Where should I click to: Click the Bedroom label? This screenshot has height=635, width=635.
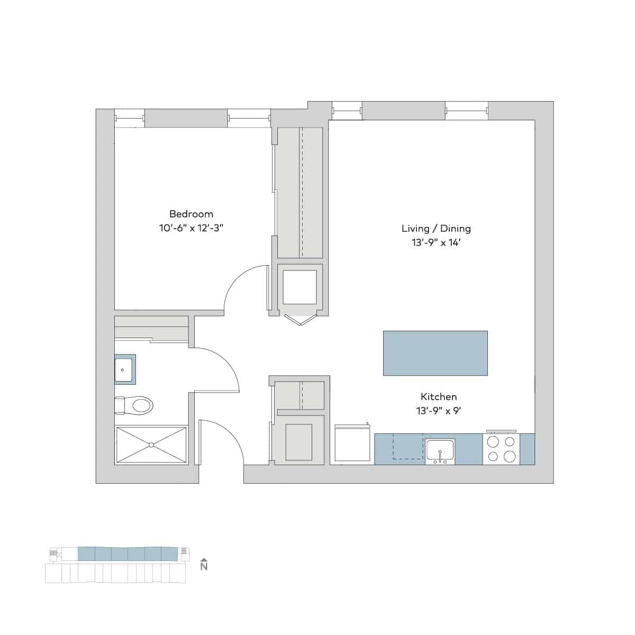(191, 214)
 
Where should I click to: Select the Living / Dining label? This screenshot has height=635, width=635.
(436, 229)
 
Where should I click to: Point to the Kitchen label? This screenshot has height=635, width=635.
(439, 396)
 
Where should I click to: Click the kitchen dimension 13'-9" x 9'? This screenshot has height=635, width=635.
(439, 411)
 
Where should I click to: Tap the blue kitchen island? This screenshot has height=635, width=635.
(435, 353)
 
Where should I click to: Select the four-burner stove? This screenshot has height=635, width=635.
(501, 449)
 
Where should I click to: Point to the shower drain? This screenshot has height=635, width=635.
(151, 444)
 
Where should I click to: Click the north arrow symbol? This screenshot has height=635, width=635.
(204, 565)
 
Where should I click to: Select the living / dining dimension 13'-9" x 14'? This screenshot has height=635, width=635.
(436, 243)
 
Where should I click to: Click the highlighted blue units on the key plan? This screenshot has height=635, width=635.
(127, 554)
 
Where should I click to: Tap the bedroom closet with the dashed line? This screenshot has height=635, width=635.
(300, 193)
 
